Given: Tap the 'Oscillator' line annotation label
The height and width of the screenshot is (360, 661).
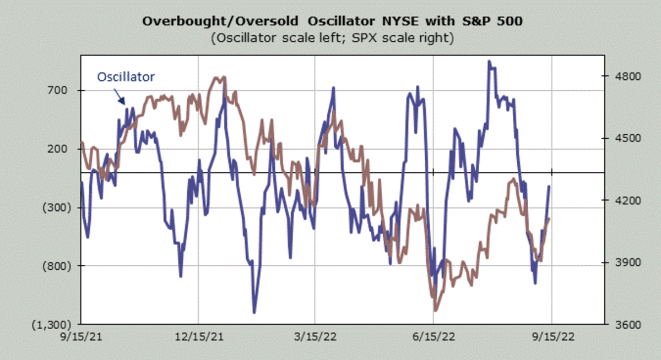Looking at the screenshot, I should (126, 77).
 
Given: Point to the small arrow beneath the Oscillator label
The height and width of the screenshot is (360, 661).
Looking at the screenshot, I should (121, 97).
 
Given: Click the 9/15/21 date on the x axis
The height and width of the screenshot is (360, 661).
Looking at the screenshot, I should (82, 336).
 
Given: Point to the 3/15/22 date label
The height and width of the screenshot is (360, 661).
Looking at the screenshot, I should (315, 336).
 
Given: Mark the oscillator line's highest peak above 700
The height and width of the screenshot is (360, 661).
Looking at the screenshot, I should (489, 62).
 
